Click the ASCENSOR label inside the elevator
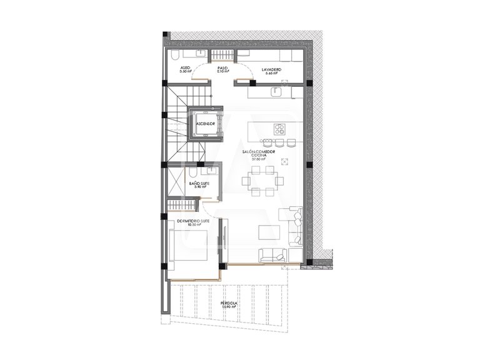point(206,124)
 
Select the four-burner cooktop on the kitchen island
point(279,130)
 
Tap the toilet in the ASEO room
point(174,55)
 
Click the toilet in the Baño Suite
point(194,171)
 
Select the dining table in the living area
point(262,182)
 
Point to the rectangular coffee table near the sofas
point(269,232)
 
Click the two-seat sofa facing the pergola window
point(273,255)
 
